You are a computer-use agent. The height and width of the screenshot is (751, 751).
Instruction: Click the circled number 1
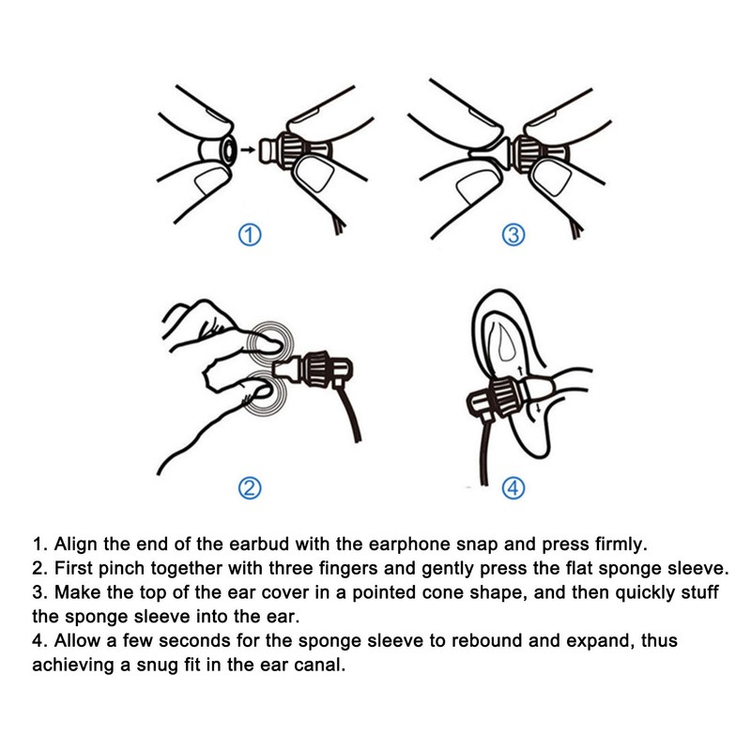[250, 236]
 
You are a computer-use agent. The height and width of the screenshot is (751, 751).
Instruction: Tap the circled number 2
[250, 488]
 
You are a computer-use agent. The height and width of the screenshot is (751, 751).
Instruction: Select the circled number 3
[513, 236]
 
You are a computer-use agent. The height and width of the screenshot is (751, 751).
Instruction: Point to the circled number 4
[513, 488]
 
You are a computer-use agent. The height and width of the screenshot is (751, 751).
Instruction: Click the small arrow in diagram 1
[248, 150]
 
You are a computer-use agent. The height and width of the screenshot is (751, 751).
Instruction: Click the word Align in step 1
[76, 544]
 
